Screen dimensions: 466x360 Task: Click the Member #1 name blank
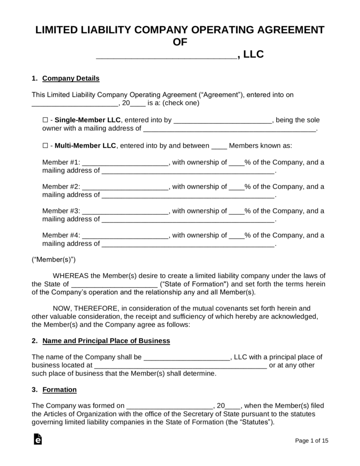coord(125,163)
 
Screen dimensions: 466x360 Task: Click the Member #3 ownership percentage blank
coord(236,211)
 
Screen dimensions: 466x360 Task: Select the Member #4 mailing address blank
coord(187,244)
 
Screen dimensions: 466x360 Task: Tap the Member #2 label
coord(61,187)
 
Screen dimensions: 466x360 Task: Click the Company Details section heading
coord(71,78)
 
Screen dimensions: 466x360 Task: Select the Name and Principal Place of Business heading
coord(106,341)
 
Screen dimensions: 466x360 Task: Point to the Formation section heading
coord(60,390)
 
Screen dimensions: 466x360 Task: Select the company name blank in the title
coord(166,55)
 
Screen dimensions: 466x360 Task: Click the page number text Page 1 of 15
coord(312,441)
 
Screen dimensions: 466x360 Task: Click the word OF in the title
coord(180,43)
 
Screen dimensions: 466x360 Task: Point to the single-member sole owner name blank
coord(223,120)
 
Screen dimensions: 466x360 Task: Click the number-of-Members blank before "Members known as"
coord(219,146)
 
